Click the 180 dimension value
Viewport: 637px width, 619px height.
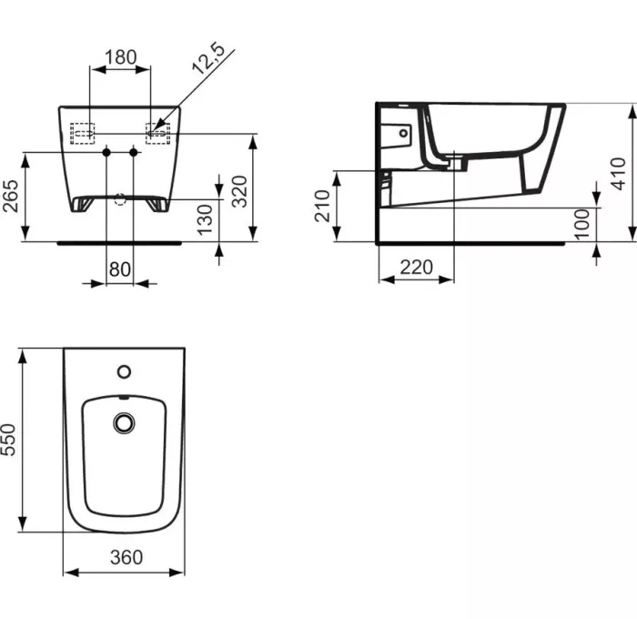click(120, 57)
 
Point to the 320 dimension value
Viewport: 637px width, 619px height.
click(239, 192)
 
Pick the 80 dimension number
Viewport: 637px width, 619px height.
click(120, 269)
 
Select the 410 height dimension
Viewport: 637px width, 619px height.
click(618, 173)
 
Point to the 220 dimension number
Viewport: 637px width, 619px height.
click(416, 268)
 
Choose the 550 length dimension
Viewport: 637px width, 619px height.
click(10, 441)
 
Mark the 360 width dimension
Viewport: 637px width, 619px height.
click(125, 557)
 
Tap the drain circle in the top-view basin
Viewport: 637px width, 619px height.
click(124, 422)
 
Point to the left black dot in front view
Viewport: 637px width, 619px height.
click(106, 152)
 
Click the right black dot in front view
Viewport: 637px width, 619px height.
click(135, 152)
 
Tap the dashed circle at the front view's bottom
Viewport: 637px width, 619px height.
click(120, 199)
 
